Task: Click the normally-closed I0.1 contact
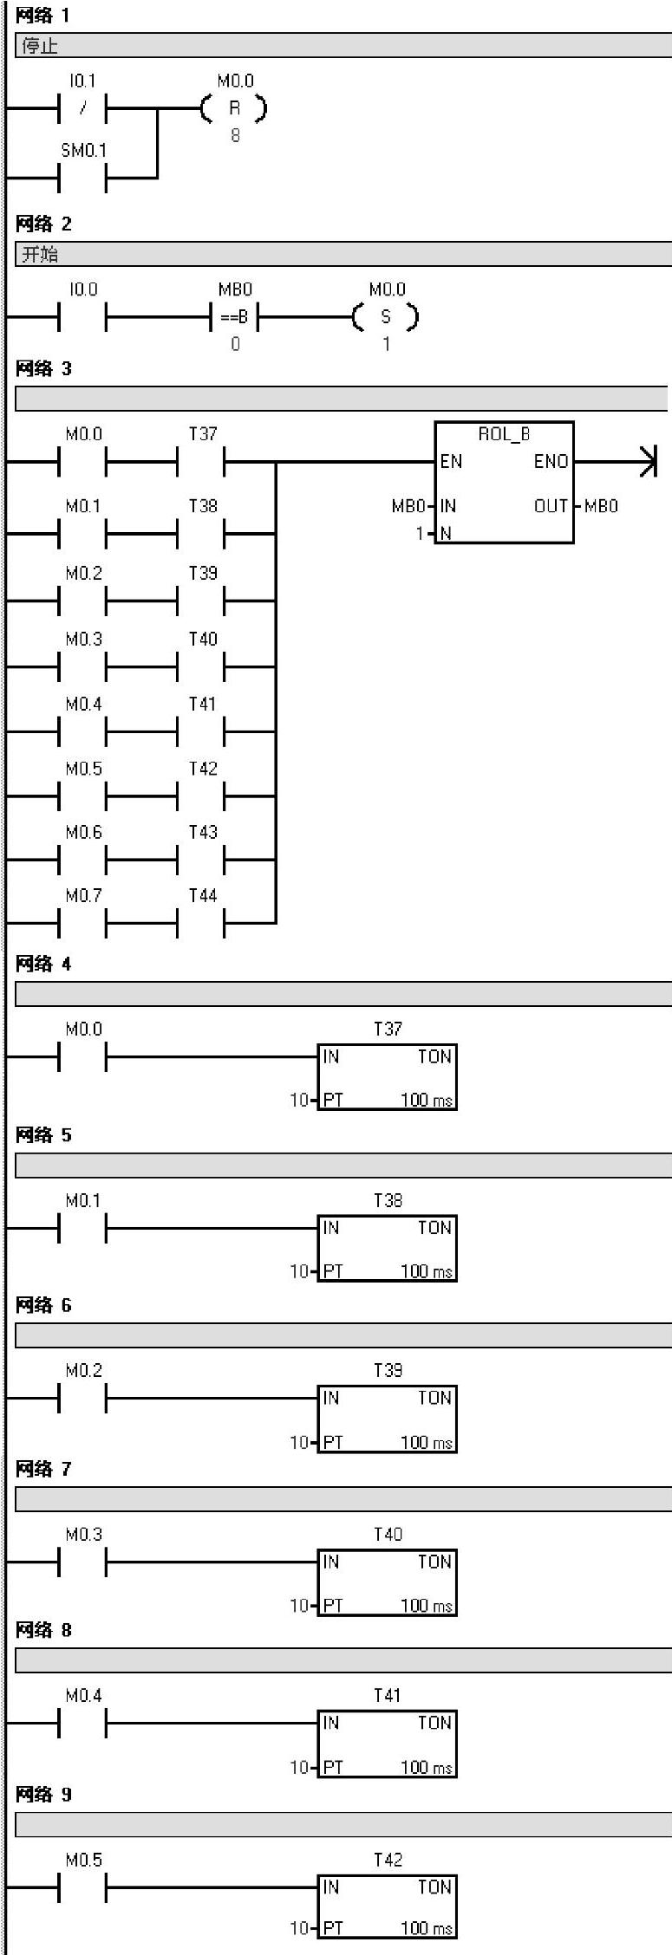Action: pyautogui.click(x=82, y=109)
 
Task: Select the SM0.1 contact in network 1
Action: pyautogui.click(x=82, y=179)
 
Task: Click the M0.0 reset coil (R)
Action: pyautogui.click(x=234, y=109)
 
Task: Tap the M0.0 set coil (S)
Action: pyautogui.click(x=386, y=317)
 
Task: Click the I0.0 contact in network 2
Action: pyautogui.click(x=82, y=317)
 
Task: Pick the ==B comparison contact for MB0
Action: pyautogui.click(x=234, y=317)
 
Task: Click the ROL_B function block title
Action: pyautogui.click(x=504, y=434)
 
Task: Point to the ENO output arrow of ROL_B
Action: pyautogui.click(x=647, y=462)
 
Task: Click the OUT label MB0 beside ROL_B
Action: pyautogui.click(x=601, y=506)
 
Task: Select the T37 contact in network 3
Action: pyautogui.click(x=201, y=462)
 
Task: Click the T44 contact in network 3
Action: pyautogui.click(x=201, y=923)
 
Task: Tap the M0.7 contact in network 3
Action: pyautogui.click(x=82, y=923)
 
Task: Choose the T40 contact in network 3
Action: pyautogui.click(x=201, y=667)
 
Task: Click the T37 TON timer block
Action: pyautogui.click(x=387, y=1077)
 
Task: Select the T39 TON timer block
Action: pyautogui.click(x=387, y=1419)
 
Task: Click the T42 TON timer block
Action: pyautogui.click(x=387, y=1906)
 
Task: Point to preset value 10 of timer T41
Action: pyautogui.click(x=299, y=1767)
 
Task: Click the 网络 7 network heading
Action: pyautogui.click(x=43, y=1469)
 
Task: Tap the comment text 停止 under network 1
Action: pyautogui.click(x=40, y=46)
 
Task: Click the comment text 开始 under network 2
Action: pyautogui.click(x=40, y=254)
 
